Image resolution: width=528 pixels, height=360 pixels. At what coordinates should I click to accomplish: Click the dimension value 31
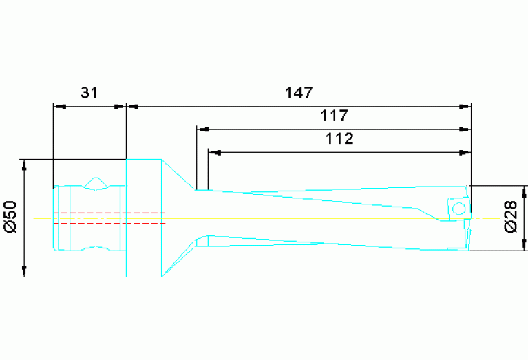(x=88, y=93)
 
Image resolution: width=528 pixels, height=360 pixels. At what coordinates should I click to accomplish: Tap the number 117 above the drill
(x=335, y=115)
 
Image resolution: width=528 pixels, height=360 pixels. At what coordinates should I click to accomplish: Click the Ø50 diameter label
(x=10, y=217)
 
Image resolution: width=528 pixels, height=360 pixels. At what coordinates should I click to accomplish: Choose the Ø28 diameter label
(x=510, y=217)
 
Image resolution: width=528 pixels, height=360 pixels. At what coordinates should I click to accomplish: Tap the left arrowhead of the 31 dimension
(x=59, y=107)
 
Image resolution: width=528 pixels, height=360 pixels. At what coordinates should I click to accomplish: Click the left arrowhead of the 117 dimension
(x=202, y=129)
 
